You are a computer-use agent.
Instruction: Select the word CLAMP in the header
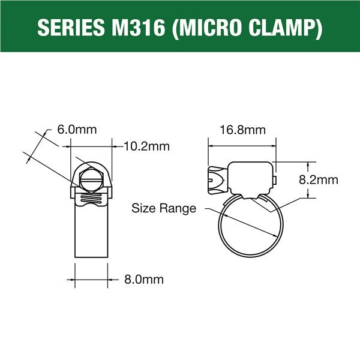point(284,27)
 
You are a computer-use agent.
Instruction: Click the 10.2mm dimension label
point(146,146)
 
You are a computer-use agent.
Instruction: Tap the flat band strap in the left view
point(92,234)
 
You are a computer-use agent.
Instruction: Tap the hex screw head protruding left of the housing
point(216,179)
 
